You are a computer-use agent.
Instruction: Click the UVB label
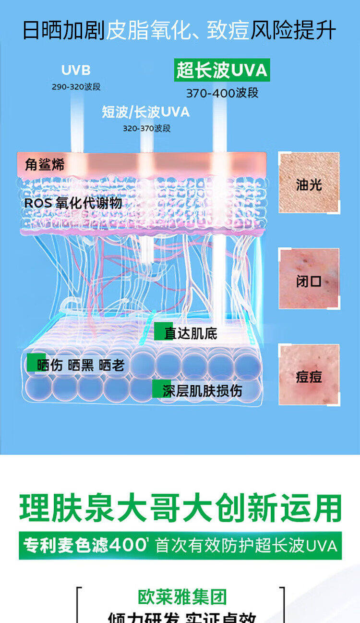pyautogui.click(x=76, y=70)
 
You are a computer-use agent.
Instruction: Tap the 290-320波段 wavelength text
pyautogui.click(x=76, y=87)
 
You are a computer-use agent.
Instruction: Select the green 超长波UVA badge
pyautogui.click(x=222, y=70)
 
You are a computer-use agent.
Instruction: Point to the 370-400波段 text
pyautogui.click(x=222, y=93)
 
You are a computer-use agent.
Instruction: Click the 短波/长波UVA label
pyautogui.click(x=145, y=112)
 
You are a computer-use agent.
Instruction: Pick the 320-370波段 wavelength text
pyautogui.click(x=146, y=128)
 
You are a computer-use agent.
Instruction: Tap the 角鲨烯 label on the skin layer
pyautogui.click(x=44, y=165)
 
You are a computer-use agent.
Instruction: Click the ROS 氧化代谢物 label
pyautogui.click(x=73, y=203)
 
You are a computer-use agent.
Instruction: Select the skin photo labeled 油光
pyautogui.click(x=309, y=183)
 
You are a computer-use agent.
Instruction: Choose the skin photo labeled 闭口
pyautogui.click(x=309, y=279)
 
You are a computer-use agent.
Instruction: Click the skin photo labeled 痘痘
pyautogui.click(x=309, y=375)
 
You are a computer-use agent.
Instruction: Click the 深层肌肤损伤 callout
pyautogui.click(x=202, y=391)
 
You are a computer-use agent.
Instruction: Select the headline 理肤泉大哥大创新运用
pyautogui.click(x=180, y=508)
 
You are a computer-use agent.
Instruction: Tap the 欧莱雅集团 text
pyautogui.click(x=182, y=597)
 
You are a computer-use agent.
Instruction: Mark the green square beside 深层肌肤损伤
pyautogui.click(x=156, y=390)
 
